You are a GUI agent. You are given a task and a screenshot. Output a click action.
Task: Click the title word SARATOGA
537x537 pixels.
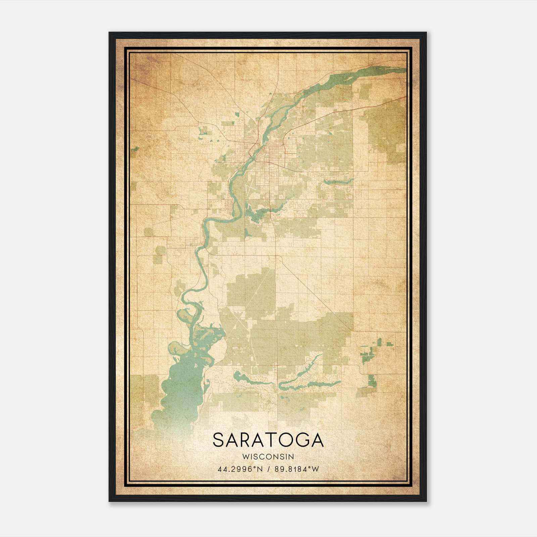point(268,440)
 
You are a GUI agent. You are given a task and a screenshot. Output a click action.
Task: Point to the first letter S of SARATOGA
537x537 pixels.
point(218,440)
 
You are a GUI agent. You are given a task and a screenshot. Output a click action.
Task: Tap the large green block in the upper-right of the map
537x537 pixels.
point(386,124)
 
